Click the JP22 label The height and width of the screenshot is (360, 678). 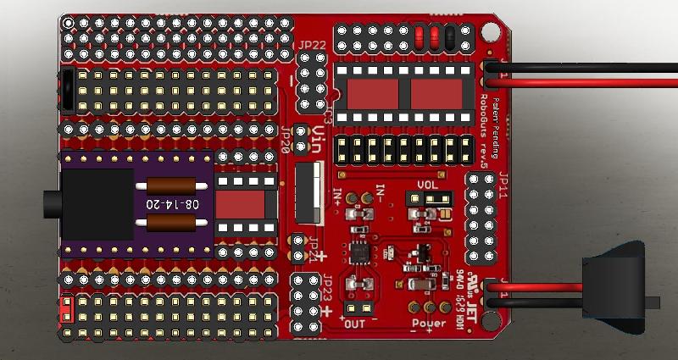tap(311, 45)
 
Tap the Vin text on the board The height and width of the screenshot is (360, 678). tap(319, 136)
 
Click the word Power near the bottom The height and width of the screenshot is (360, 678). tap(429, 323)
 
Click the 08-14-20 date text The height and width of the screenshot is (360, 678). tap(174, 205)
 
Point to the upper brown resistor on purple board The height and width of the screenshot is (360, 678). tap(177, 186)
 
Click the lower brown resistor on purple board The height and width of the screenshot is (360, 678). tap(177, 223)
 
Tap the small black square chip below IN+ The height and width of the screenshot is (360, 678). tap(358, 252)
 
